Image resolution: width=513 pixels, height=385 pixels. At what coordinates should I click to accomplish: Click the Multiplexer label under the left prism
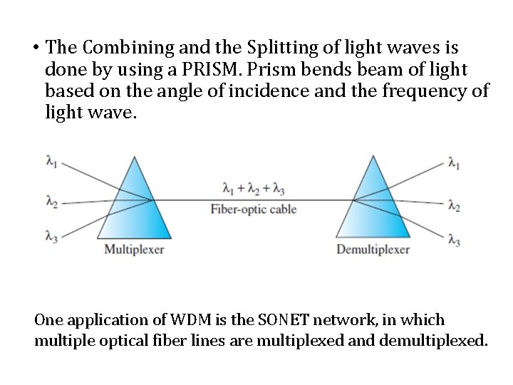coord(135,250)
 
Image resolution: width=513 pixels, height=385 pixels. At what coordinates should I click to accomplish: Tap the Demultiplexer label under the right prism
coord(373,250)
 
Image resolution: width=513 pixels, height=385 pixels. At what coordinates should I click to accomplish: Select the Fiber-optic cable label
coord(254,210)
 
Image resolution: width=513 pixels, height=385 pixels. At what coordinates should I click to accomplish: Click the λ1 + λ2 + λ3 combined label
coord(254,190)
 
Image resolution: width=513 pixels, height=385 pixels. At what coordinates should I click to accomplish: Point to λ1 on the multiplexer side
coord(52,163)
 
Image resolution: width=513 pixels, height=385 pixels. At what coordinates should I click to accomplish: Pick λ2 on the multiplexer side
coord(52,203)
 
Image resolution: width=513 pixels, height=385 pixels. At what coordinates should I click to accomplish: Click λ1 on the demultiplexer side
coord(454,163)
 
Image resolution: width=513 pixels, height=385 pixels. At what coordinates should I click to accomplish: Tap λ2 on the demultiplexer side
coord(454,206)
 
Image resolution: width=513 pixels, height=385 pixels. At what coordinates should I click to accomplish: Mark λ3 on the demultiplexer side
coord(454,241)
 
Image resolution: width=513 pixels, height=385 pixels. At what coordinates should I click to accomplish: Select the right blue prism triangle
coord(373,207)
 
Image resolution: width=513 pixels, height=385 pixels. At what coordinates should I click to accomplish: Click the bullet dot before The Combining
coord(34,48)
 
